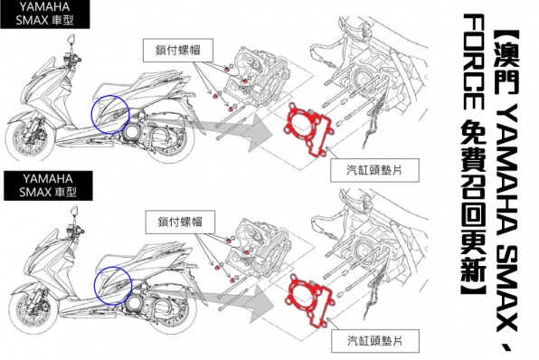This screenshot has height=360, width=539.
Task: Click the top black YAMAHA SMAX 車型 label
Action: [44, 14]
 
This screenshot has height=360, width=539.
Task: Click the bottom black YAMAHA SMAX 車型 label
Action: [48, 185]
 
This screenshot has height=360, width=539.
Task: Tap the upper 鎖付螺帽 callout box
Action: [178, 51]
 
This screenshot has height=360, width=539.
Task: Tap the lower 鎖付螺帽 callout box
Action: [180, 223]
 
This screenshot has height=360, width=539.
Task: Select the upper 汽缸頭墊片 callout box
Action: [374, 170]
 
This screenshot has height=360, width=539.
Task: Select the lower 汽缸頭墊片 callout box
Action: [375, 341]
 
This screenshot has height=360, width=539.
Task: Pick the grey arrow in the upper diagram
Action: [241, 130]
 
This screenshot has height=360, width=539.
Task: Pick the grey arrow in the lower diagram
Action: [241, 302]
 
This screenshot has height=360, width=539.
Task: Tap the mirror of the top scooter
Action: [71, 39]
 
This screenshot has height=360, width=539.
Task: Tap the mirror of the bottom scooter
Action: [74, 211]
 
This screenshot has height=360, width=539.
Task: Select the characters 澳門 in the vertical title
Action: [506, 64]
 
